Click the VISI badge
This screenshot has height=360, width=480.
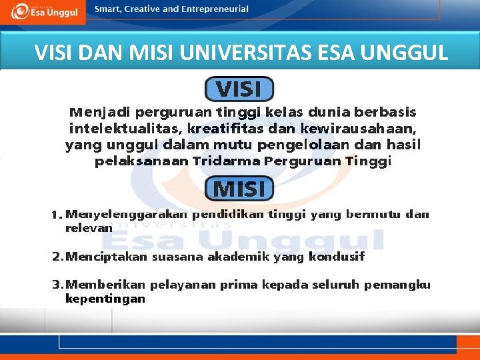point(239,89)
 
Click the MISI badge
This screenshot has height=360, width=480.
point(239,189)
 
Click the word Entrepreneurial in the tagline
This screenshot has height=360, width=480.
point(214,9)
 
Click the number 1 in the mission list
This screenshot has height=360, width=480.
point(55,215)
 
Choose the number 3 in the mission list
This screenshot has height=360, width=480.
point(56,285)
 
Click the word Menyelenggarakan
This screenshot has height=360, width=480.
point(127,215)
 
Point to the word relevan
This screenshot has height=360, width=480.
point(89,228)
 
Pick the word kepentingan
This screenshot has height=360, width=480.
point(105,299)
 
